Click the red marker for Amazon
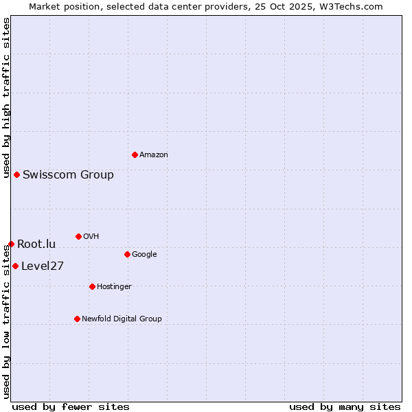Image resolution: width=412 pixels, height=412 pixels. coord(135,154)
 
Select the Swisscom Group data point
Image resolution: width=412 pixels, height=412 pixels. coord(16,174)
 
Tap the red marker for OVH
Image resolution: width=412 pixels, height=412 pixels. coord(78,236)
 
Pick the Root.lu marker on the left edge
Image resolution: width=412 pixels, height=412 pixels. coord(11,244)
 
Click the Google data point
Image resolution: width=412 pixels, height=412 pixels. coord(127,254)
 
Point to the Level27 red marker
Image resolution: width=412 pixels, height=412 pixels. coord(15,266)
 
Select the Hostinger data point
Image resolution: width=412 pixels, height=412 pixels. coord(92,286)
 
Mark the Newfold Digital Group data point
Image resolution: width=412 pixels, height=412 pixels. coord(77,319)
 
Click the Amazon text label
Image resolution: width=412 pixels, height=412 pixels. coord(154,155)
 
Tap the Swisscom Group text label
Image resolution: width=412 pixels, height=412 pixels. coord(68,174)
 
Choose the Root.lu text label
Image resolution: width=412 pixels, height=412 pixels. coord(36,244)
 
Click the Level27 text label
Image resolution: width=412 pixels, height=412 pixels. coord(43,266)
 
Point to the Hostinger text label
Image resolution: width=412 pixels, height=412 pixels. coord(114,286)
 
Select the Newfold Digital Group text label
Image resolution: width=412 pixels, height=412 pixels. coord(122,319)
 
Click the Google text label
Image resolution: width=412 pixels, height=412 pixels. coord(144,254)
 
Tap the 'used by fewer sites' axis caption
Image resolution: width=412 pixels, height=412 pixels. coord(71,407)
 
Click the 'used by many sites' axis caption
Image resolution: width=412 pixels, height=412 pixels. coord(345,407)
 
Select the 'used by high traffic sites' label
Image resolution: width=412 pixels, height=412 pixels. coord(6,98)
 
